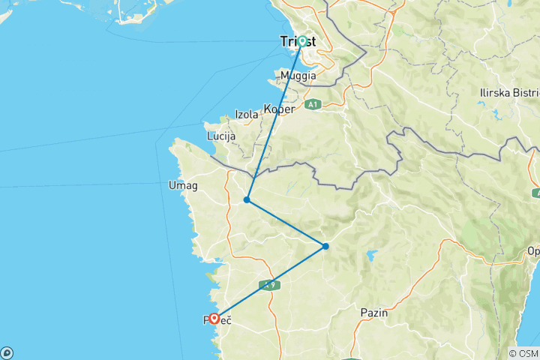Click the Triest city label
coord(298,42)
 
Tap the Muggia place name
coord(298,76)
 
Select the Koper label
coord(279,109)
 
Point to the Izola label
coord(247,115)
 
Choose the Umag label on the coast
coord(183,186)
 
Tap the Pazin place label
coord(373,312)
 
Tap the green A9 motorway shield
coord(268,285)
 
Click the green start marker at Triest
coord(301,41)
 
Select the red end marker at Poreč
coord(214,319)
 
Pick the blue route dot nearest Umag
coord(247,200)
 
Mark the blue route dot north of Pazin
coord(325,246)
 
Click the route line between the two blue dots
coord(286,223)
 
